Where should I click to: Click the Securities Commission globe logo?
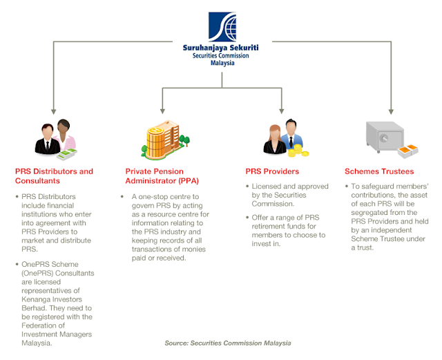click(x=222, y=26)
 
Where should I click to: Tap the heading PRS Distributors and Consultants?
click(x=54, y=176)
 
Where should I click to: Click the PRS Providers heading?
click(x=272, y=171)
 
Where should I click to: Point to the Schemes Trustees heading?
click(x=379, y=171)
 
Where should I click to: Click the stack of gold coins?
click(x=297, y=148)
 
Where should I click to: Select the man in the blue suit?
click(x=287, y=135)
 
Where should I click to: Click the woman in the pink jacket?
click(x=65, y=136)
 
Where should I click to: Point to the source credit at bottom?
click(x=227, y=343)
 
